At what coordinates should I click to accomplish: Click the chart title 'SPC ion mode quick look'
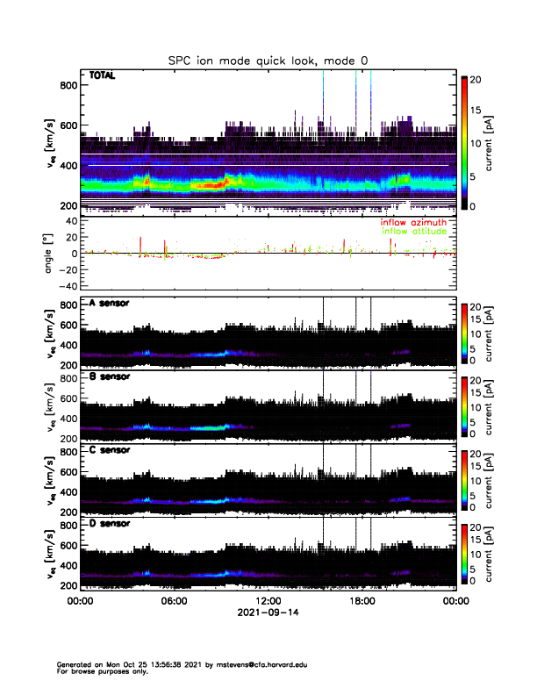click(x=268, y=60)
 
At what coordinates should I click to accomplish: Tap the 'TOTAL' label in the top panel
click(x=103, y=76)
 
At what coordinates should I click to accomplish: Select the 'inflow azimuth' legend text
click(x=413, y=222)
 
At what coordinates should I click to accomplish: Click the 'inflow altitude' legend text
click(x=413, y=231)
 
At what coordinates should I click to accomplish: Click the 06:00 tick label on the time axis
click(x=175, y=602)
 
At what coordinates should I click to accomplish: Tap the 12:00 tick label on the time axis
click(x=268, y=602)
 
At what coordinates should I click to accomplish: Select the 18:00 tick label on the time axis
click(x=362, y=602)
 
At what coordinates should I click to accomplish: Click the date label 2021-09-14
click(x=268, y=613)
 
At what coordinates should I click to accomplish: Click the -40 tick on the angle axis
click(x=67, y=286)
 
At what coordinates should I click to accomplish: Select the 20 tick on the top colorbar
click(x=477, y=78)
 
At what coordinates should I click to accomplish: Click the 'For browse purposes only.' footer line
click(x=105, y=671)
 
